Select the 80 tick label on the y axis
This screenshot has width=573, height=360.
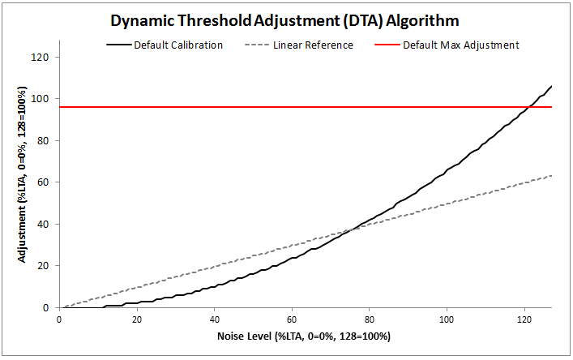click(x=45, y=141)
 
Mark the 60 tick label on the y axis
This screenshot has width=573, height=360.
click(x=45, y=182)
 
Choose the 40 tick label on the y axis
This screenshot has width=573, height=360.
click(x=45, y=225)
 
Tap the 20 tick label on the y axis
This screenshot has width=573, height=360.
click(x=45, y=266)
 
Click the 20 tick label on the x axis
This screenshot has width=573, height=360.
click(x=137, y=319)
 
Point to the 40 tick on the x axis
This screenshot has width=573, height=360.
click(x=214, y=319)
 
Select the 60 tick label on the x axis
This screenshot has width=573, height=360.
click(x=292, y=319)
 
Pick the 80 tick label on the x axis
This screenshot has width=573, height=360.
click(x=370, y=319)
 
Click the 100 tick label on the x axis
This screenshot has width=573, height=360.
click(x=447, y=319)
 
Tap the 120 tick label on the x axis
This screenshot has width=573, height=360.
click(x=524, y=319)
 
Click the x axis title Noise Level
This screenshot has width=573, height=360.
click(x=305, y=336)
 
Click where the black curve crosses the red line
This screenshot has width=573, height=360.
click(x=528, y=106)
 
